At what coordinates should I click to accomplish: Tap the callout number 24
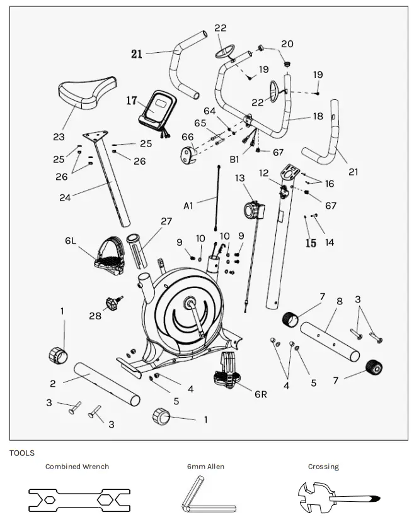[65, 197]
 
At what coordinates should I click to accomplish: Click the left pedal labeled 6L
[108, 258]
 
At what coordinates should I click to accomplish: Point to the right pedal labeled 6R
[231, 371]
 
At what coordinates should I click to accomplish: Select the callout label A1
[190, 205]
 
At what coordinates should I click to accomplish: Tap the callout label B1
[234, 159]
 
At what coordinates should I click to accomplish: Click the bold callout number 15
[311, 243]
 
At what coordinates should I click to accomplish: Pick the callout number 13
[240, 178]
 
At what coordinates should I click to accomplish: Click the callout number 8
[339, 301]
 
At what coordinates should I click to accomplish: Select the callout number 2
[53, 383]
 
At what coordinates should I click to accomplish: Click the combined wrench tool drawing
[79, 499]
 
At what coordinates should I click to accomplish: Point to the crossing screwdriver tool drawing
[338, 499]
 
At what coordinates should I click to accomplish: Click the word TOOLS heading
[22, 453]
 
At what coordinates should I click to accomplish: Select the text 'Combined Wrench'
[77, 467]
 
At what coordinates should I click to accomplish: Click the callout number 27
[166, 221]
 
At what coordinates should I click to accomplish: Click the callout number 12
[263, 172]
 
